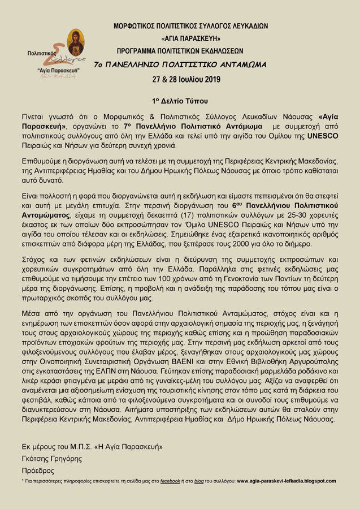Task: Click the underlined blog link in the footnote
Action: (x=198, y=481)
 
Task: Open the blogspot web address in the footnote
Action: (x=286, y=481)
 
